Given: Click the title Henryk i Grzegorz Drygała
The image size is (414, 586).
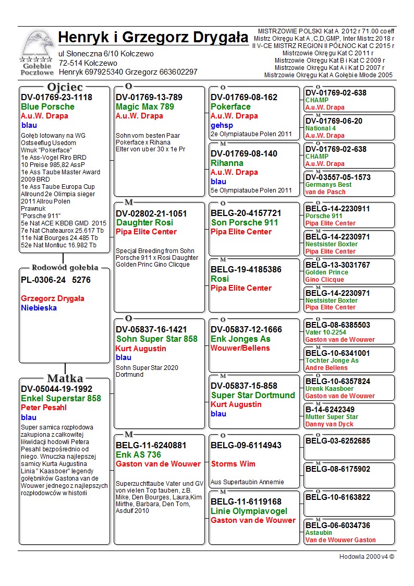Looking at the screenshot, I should pyautogui.click(x=153, y=38).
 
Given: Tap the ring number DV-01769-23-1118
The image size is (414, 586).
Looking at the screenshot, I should pyautogui.click(x=56, y=98).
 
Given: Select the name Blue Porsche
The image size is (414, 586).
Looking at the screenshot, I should pyautogui.click(x=47, y=107).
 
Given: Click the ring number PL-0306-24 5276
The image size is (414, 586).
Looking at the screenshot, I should pyautogui.click(x=56, y=280).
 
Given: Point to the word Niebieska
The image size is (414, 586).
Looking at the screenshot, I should pyautogui.click(x=39, y=308).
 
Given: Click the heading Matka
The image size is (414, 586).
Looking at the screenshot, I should pyautogui.click(x=65, y=378).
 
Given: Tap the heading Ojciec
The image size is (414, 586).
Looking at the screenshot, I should pyautogui.click(x=65, y=87).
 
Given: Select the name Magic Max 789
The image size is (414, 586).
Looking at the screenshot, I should pyautogui.click(x=145, y=107).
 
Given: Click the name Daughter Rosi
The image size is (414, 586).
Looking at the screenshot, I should pyautogui.click(x=144, y=223).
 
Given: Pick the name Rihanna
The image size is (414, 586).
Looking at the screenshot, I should pyautogui.click(x=227, y=163).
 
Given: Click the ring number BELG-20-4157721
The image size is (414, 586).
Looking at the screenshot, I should pyautogui.click(x=246, y=213).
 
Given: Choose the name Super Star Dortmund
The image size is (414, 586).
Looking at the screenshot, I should pyautogui.click(x=244, y=395).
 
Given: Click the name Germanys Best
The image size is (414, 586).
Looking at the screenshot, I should pyautogui.click(x=328, y=185).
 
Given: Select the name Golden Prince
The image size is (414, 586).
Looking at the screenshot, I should pyautogui.click(x=327, y=272).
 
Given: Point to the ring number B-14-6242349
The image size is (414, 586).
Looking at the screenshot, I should pyautogui.click(x=330, y=410).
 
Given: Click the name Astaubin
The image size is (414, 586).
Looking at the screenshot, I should pyautogui.click(x=319, y=533).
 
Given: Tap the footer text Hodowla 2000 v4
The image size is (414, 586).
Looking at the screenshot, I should pyautogui.click(x=367, y=557).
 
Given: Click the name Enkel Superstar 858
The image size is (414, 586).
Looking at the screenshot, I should pyautogui.click(x=61, y=399).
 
